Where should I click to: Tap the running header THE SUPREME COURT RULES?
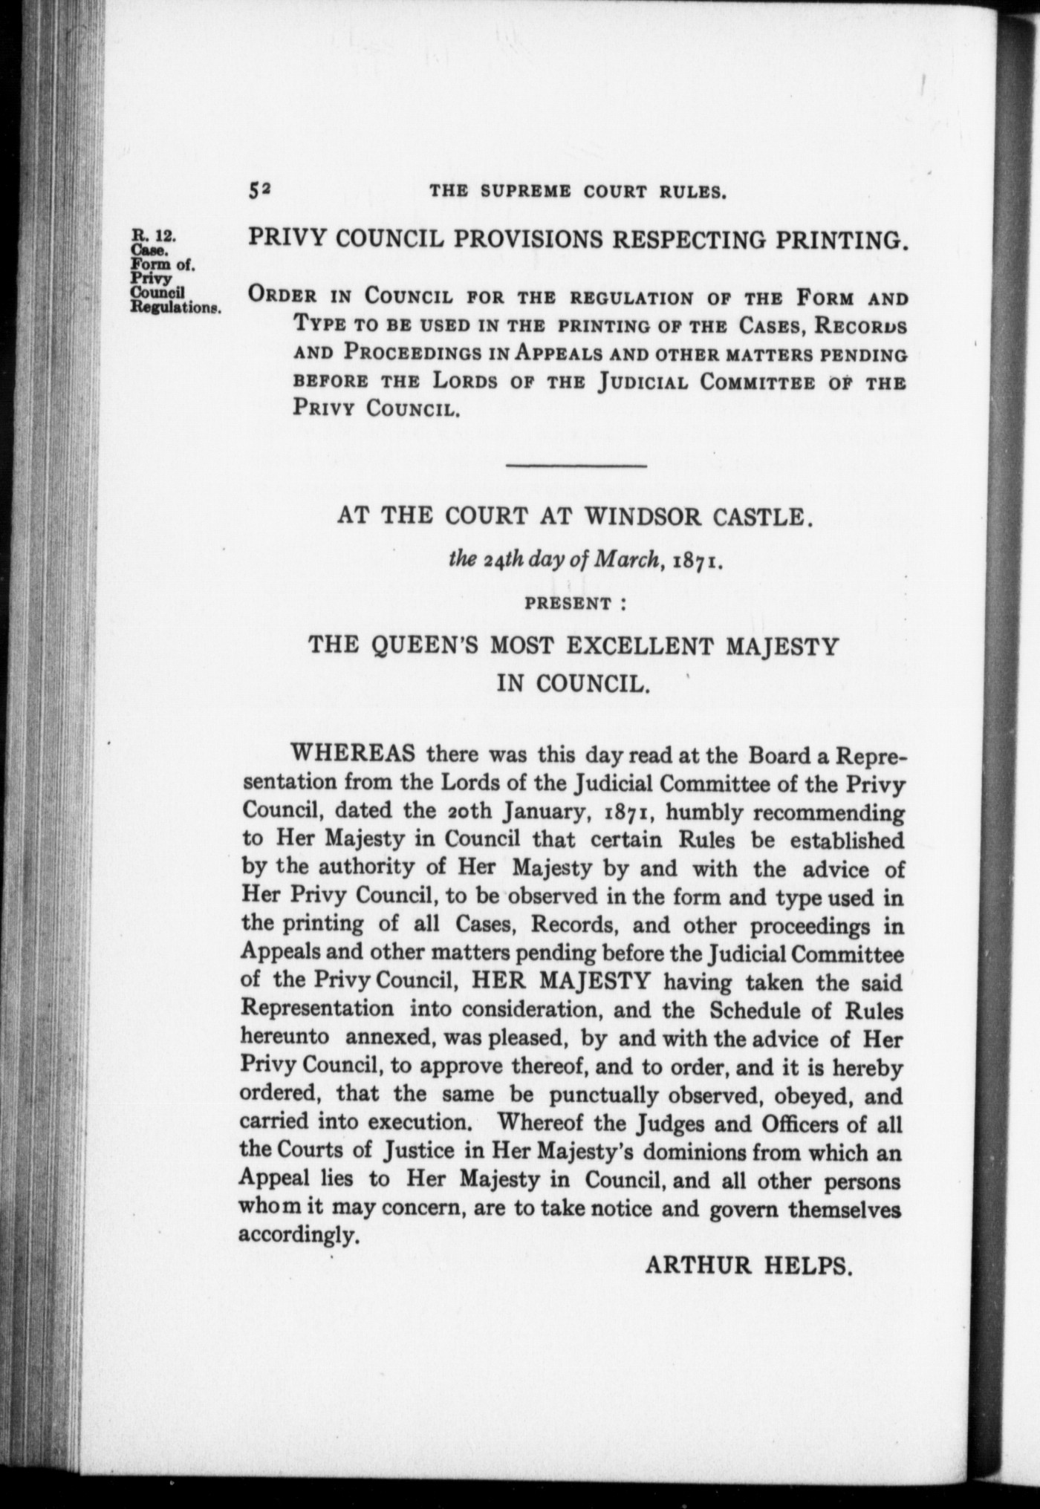578,191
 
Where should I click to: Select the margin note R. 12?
152,236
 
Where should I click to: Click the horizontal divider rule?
576,466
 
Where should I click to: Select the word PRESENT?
568,603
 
